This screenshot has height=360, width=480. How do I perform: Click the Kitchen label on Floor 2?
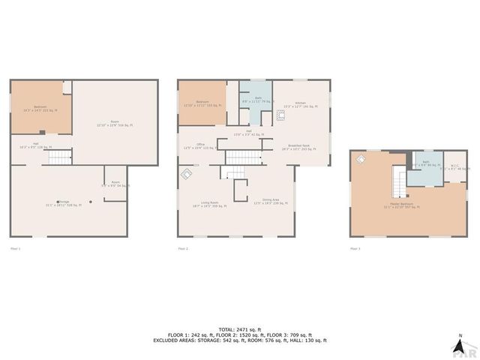[300, 104]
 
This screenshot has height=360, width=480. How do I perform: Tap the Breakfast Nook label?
[300, 147]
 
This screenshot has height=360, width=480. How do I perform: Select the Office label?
[201, 146]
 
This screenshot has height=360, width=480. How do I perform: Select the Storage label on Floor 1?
[64, 203]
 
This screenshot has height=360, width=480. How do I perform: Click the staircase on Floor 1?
[59, 157]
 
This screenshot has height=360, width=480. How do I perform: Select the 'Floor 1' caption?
[15, 248]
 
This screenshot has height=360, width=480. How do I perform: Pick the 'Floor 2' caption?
[183, 248]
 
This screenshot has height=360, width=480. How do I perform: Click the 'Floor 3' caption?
[355, 248]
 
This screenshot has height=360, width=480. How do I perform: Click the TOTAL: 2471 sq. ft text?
[240, 328]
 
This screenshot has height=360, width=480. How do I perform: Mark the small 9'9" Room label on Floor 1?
[115, 183]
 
